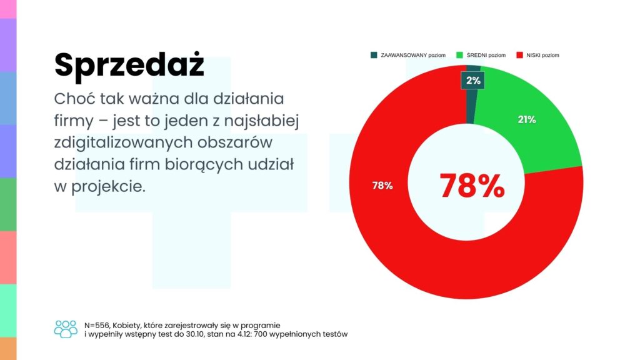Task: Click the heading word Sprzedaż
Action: click(129, 65)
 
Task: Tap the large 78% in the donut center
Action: click(472, 185)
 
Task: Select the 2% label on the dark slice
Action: click(473, 80)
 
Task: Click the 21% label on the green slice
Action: click(527, 119)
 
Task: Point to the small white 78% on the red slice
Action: click(383, 186)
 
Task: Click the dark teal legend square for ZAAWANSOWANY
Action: click(374, 55)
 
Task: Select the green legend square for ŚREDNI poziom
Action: click(461, 55)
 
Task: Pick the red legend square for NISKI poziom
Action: click(519, 55)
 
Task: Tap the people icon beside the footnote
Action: click(66, 329)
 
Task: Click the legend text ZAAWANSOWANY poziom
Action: click(412, 55)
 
